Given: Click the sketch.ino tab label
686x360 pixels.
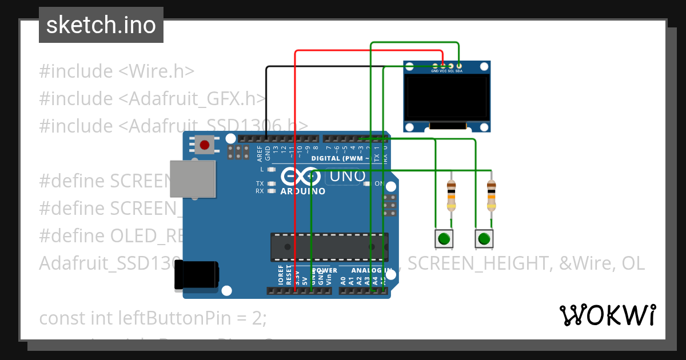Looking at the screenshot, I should (101, 25).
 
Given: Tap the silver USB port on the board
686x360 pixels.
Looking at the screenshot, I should (193, 179).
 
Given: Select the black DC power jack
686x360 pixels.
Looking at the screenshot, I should (197, 275).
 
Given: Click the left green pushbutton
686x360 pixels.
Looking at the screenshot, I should (444, 238).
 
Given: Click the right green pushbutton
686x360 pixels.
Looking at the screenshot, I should (484, 238).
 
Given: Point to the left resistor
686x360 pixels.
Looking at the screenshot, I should (452, 195).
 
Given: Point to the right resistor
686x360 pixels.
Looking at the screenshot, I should (491, 195).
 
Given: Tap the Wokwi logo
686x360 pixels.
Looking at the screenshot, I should (608, 315).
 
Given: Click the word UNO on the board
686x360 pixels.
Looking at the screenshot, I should (346, 177).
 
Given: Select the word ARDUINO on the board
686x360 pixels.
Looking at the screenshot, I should (303, 191).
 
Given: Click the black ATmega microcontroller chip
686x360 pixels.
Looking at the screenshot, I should (329, 246).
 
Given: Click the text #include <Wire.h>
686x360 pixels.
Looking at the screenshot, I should (117, 71).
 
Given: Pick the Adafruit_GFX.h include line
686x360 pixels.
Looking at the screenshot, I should (153, 98).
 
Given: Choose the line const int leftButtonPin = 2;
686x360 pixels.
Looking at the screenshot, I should (153, 318).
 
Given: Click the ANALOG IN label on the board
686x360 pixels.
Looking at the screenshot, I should (372, 270).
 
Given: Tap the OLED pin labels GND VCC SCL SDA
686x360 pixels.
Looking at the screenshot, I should (447, 71).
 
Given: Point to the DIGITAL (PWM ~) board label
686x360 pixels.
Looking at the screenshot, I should (340, 158).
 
